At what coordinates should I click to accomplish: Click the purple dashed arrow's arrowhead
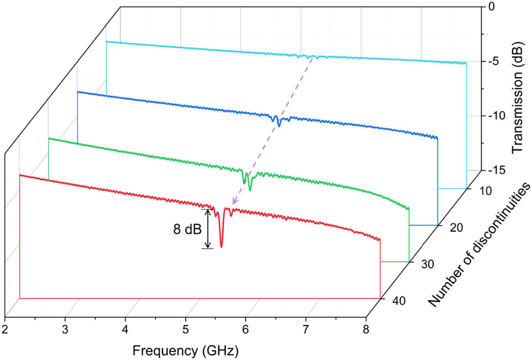(x=233, y=202)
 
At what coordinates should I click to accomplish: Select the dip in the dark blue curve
(x=279, y=125)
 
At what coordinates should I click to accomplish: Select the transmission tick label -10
(x=489, y=116)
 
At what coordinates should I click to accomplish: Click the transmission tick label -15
(x=489, y=171)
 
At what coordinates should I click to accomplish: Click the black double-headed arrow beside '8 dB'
(x=206, y=229)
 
